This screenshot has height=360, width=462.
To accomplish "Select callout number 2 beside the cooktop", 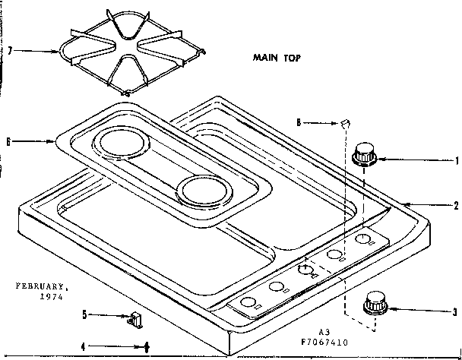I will (x=455, y=205).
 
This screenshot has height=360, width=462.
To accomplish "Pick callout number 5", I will (x=85, y=313).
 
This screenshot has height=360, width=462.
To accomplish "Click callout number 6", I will (x=8, y=141).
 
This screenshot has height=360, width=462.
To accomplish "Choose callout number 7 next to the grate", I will (x=8, y=51).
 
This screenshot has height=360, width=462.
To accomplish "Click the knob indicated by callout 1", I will (x=365, y=153).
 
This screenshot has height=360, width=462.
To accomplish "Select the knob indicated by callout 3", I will (x=372, y=302).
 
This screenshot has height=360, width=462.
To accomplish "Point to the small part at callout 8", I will (x=344, y=122).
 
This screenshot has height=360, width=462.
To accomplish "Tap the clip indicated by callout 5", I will (x=137, y=319).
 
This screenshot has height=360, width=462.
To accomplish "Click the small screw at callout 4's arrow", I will (x=146, y=346).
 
